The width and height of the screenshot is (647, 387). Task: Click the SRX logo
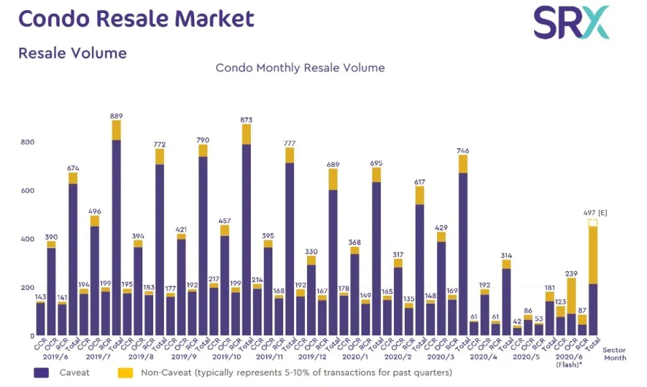click(571, 22)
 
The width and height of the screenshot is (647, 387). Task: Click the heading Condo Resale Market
click(137, 19)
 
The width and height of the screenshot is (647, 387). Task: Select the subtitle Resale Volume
click(73, 53)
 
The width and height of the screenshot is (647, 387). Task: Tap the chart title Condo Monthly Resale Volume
click(300, 68)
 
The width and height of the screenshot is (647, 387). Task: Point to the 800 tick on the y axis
click(27, 142)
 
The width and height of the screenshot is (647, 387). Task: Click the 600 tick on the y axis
click(27, 191)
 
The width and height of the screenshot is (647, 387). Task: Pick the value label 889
click(116, 115)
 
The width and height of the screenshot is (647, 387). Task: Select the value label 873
click(246, 119)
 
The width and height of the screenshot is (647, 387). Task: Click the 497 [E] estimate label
click(597, 214)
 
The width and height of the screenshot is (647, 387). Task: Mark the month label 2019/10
click(226, 357)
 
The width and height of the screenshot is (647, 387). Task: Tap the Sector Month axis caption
click(614, 353)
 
